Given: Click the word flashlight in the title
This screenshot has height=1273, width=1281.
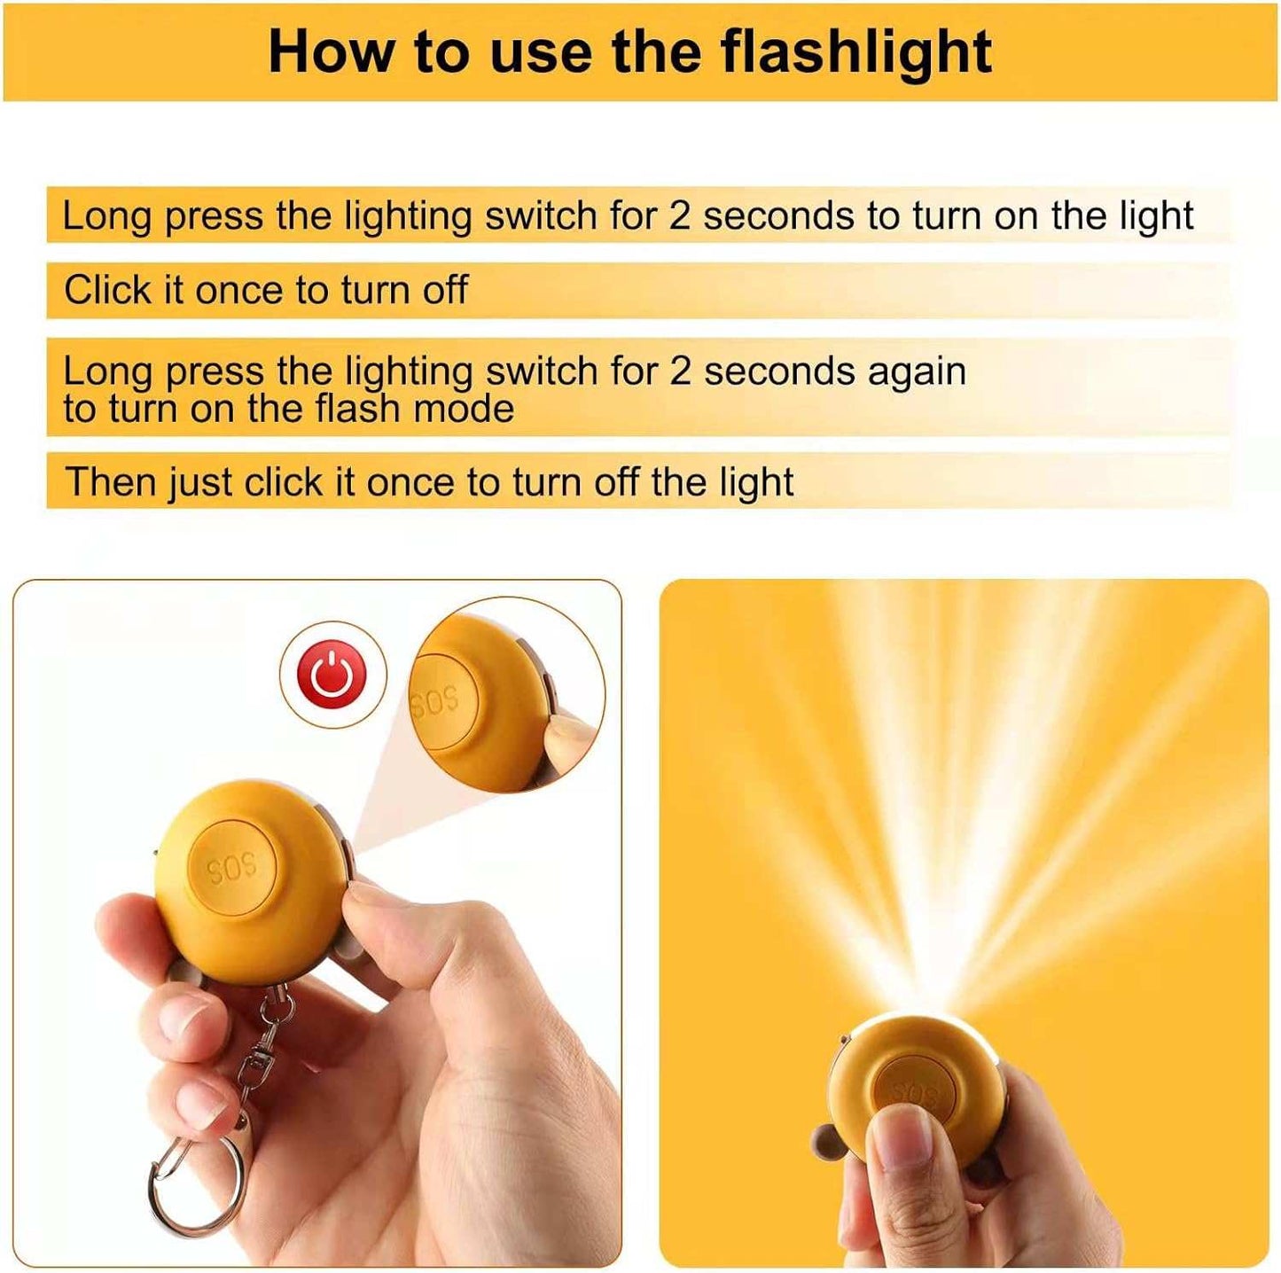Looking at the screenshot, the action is click(857, 52).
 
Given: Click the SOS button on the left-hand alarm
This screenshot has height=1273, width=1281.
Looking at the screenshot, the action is click(234, 867).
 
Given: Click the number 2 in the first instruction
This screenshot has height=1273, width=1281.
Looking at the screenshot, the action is click(679, 216).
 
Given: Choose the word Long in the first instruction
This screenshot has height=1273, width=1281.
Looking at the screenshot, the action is click(106, 216).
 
